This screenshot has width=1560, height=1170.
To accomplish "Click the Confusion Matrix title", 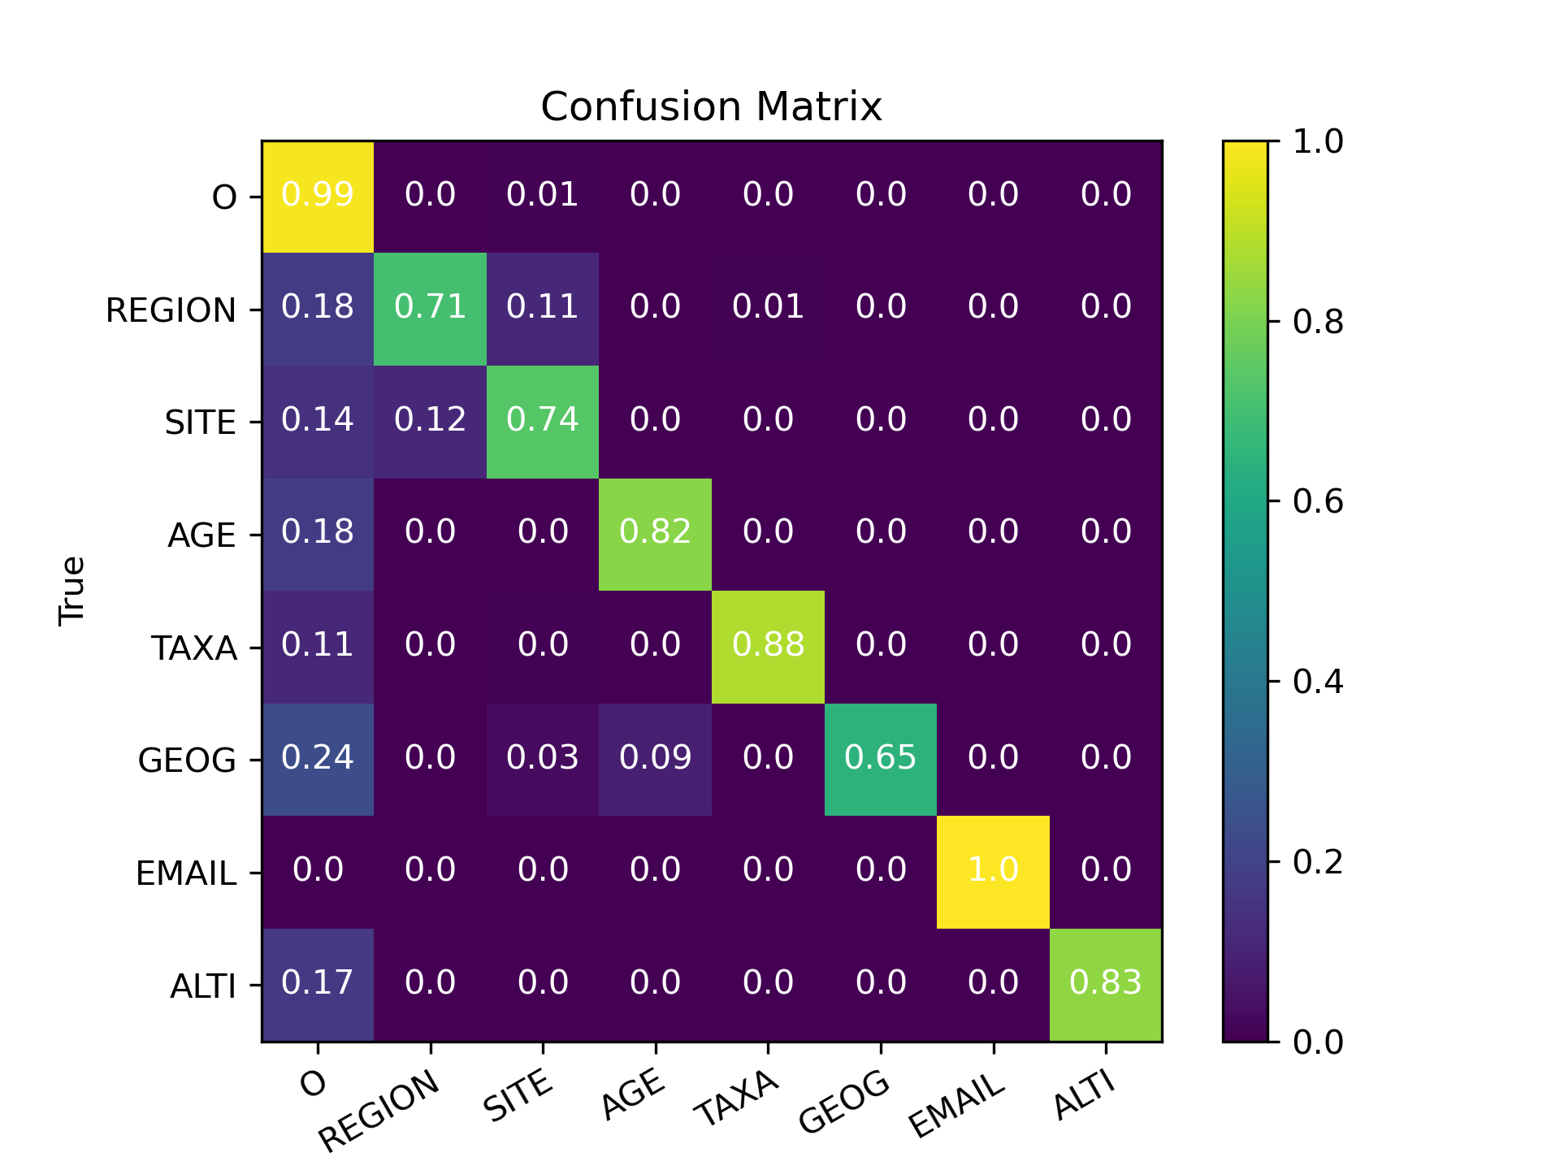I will click(x=711, y=106).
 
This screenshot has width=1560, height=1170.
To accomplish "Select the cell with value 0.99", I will click(x=318, y=195).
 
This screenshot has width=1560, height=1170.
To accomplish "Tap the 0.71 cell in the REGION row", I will click(x=430, y=307).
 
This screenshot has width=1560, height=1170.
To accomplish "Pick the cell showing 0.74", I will click(x=543, y=420).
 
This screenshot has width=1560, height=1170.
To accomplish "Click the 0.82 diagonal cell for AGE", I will click(x=655, y=532).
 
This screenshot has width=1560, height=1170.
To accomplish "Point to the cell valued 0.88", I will click(x=768, y=645).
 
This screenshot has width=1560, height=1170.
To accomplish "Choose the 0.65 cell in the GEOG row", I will click(x=880, y=758).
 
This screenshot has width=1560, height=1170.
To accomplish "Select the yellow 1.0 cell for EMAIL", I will click(x=993, y=870).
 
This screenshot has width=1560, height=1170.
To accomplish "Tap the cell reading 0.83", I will click(x=1106, y=983).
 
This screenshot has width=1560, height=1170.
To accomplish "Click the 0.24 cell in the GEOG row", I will click(x=318, y=758).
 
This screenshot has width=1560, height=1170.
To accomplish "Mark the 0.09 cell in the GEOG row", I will click(x=655, y=758).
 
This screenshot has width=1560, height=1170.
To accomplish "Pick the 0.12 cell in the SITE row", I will click(x=430, y=420).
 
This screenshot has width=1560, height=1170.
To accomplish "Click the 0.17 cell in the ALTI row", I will click(x=318, y=983).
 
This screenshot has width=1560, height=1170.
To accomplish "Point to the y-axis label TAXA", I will click(x=194, y=648).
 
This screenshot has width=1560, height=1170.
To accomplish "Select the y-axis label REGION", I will click(x=171, y=310).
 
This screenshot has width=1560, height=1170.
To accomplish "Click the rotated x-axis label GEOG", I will click(x=845, y=1103).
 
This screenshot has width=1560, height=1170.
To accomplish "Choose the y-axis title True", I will click(x=72, y=591).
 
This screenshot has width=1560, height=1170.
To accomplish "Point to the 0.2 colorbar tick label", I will click(x=1318, y=861).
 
